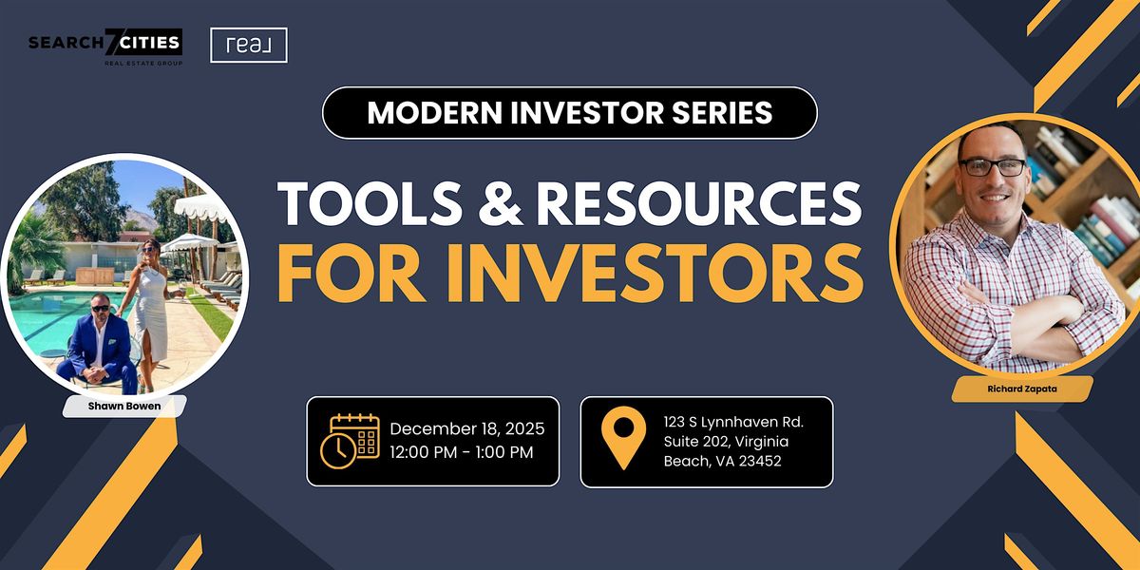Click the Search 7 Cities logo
coord(105,47)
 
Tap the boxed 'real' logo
coord(249,46)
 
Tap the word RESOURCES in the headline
coord(699,203)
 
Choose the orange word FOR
coord(351,274)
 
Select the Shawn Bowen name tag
coord(124,407)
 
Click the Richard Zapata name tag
coord(1022,389)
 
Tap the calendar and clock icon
coord(351,441)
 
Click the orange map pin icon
coord(623,437)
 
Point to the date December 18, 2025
coord(467,428)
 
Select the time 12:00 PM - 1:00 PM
coord(462,452)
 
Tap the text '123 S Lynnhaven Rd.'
coord(733,422)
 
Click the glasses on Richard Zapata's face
coord(992,167)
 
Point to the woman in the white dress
coord(151,311)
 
